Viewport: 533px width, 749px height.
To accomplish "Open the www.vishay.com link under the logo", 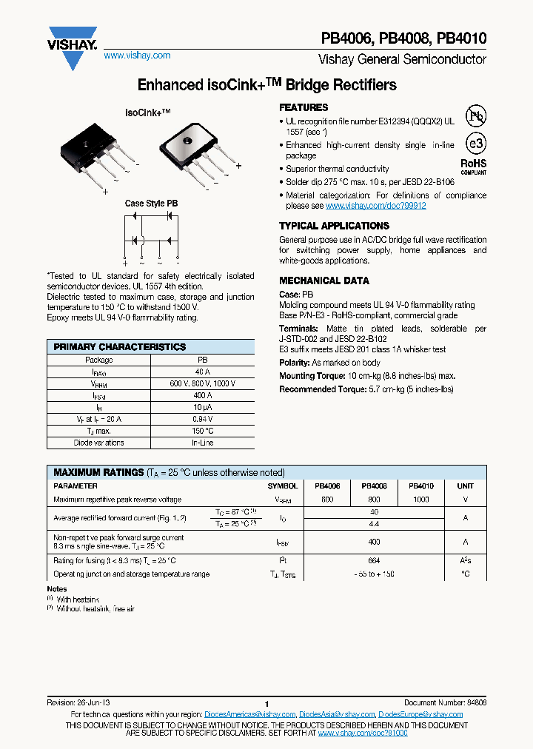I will tap(137, 56).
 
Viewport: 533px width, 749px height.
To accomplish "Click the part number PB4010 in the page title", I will tap(462, 38).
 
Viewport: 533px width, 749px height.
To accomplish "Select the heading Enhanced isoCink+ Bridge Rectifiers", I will tap(267, 85).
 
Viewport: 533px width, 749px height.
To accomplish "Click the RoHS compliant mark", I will tap(474, 166).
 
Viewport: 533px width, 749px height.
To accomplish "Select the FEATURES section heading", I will tap(304, 107).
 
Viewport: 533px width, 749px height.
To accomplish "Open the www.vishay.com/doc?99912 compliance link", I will tap(375, 206).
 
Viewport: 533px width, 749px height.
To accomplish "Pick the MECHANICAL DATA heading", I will tap(324, 281).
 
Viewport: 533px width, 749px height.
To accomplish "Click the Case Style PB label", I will tap(151, 204).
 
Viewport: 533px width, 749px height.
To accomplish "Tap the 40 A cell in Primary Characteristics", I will tap(203, 372).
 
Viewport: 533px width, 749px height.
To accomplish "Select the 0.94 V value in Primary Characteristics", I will tap(203, 418).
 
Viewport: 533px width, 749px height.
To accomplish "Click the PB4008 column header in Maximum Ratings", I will tap(374, 486).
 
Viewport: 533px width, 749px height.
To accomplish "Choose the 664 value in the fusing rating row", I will tap(374, 560).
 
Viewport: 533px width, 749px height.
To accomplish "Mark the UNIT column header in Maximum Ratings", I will tap(465, 486).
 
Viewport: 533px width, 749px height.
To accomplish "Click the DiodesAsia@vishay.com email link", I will tap(335, 714).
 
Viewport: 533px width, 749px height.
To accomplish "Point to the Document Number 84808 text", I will tap(445, 702).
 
